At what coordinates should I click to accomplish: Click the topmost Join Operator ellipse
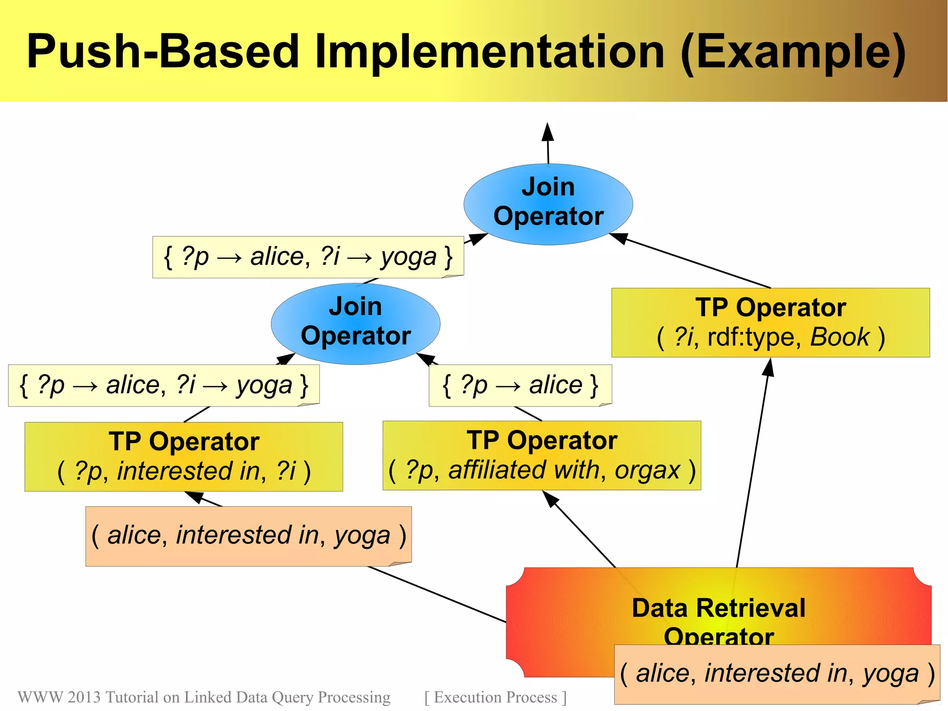[548, 204]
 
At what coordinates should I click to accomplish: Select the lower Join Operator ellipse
[355, 323]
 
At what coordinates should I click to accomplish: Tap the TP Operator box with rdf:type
[770, 322]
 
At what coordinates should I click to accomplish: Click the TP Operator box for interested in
[184, 456]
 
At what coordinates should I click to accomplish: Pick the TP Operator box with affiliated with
[542, 455]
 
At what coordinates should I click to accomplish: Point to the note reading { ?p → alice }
[520, 385]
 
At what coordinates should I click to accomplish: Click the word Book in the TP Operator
[840, 337]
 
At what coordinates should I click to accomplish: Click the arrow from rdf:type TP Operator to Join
[694, 262]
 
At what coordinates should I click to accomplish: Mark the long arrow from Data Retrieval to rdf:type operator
[752, 463]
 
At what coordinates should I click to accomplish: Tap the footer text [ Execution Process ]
[495, 697]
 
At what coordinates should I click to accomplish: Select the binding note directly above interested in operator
[164, 385]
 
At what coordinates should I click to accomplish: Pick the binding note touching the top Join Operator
[308, 257]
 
